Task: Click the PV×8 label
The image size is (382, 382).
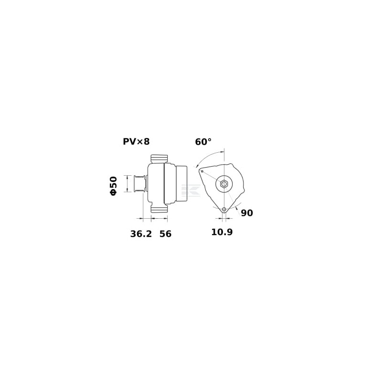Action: tap(136, 141)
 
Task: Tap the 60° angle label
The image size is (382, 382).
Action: tap(203, 142)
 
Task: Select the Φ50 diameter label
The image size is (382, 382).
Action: tap(114, 186)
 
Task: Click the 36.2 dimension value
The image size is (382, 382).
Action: tap(141, 234)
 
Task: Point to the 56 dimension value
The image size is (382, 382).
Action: tap(165, 234)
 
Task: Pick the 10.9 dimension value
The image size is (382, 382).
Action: tap(222, 232)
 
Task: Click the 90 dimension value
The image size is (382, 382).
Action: tap(247, 213)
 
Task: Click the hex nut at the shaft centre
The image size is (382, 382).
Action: tap(224, 184)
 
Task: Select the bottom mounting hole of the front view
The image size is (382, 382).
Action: tap(224, 209)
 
